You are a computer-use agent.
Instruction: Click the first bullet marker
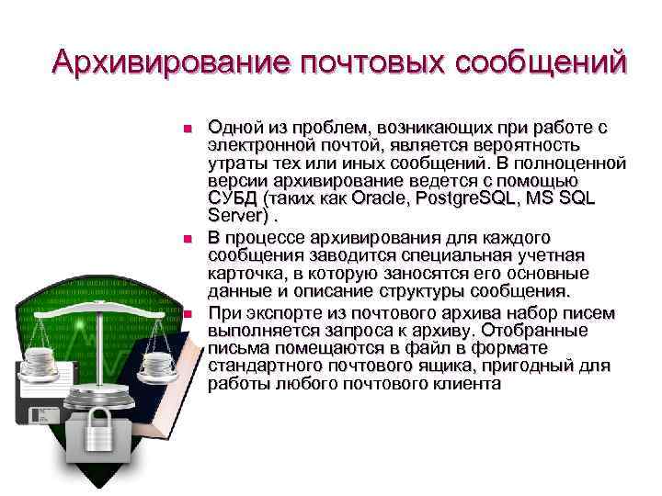(x=186, y=128)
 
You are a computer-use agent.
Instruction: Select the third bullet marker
(x=186, y=313)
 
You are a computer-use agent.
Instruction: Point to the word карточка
(x=246, y=274)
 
